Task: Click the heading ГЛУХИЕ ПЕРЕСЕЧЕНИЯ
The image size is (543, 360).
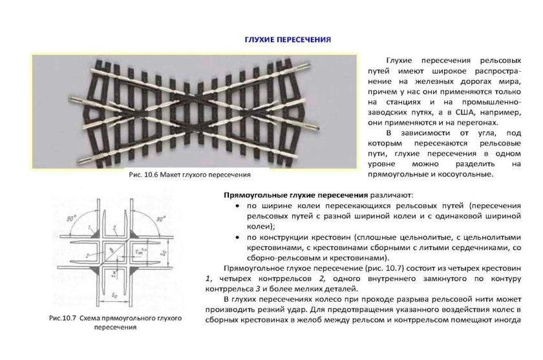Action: point(288,40)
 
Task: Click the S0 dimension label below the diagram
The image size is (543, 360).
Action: point(114,295)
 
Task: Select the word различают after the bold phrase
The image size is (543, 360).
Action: point(391,194)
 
